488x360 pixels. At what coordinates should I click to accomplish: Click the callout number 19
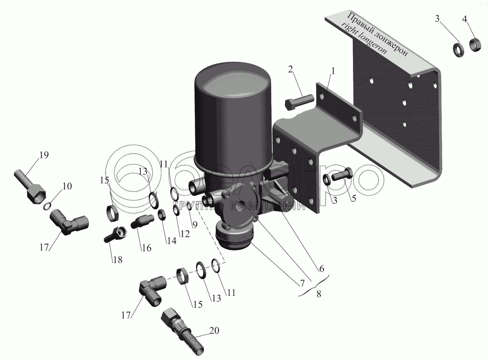(44, 155)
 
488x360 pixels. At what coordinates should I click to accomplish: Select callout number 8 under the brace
(319, 294)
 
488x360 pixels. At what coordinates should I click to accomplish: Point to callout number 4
(465, 20)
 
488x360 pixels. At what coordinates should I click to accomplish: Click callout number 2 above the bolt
(291, 70)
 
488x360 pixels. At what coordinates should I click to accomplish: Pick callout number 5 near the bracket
(354, 198)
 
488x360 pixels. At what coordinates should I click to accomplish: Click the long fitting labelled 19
(30, 187)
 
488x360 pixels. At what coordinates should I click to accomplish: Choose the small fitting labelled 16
(142, 221)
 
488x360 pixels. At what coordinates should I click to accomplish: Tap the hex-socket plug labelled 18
(116, 235)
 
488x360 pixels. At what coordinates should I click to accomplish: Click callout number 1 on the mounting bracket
(333, 71)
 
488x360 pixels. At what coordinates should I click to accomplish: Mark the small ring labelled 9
(189, 207)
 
